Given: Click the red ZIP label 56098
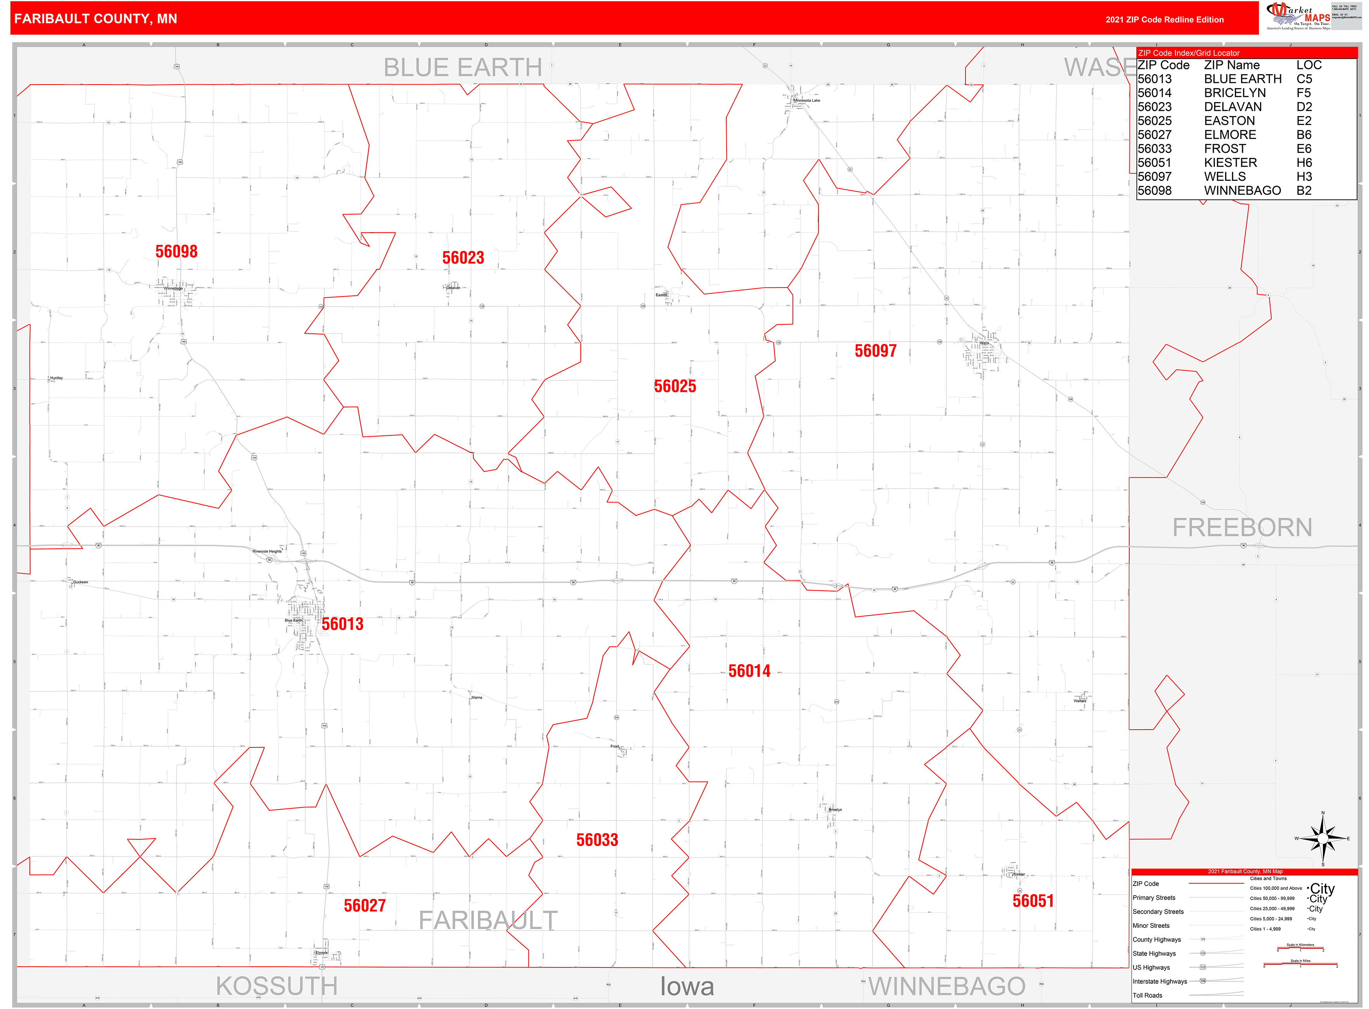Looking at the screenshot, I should (177, 251).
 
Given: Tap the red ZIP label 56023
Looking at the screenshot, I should (463, 258).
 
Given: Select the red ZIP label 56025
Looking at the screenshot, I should (675, 386).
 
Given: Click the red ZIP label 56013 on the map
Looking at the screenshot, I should (343, 624).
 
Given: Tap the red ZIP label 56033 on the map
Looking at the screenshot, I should (597, 840).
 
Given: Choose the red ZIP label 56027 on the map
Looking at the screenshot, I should (365, 905).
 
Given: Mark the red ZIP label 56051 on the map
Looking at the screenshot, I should (1033, 901).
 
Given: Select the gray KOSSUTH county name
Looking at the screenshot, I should (277, 986).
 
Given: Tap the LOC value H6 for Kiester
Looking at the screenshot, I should (1304, 163).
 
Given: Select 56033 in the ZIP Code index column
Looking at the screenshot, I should (1155, 148).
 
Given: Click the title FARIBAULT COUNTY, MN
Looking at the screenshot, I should (96, 19).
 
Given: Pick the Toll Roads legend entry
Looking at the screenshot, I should (1147, 995).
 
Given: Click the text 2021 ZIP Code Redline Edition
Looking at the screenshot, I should (1165, 19).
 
